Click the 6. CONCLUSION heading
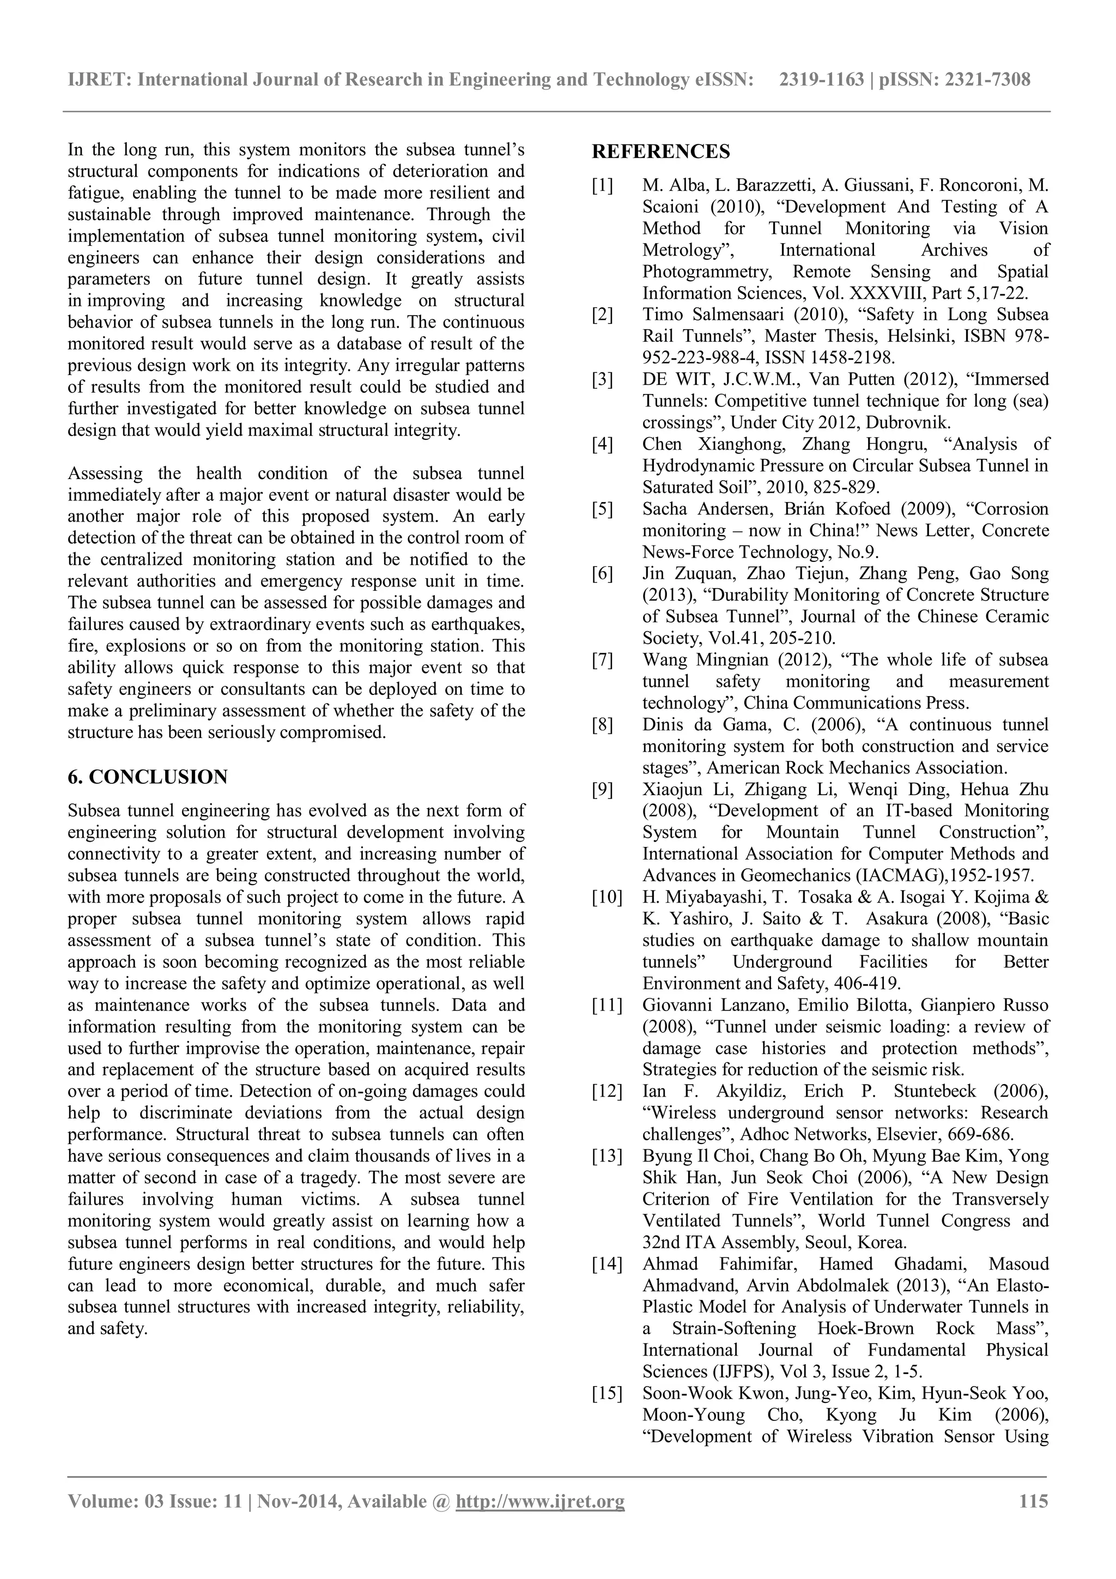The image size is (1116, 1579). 147,777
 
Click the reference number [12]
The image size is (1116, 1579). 607,1091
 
